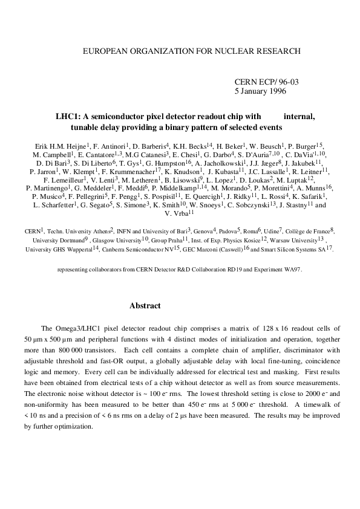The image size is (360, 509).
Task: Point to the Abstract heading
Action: pos(145,306)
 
